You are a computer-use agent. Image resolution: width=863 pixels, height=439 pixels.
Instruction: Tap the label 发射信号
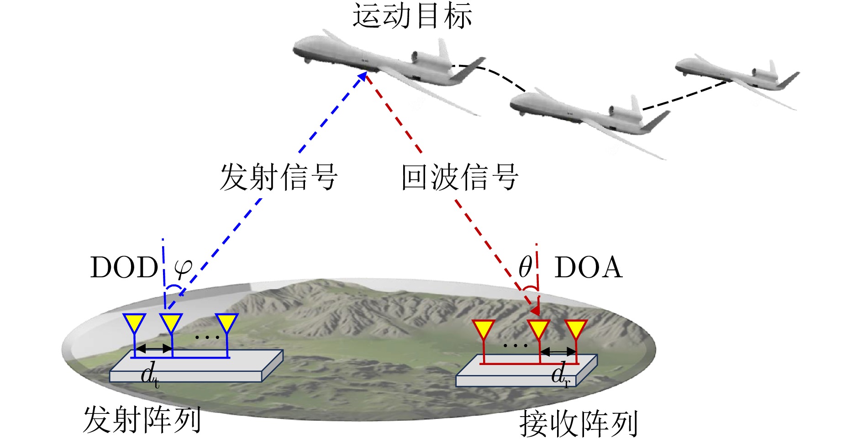click(x=279, y=177)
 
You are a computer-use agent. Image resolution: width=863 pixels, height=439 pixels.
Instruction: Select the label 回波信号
click(x=459, y=177)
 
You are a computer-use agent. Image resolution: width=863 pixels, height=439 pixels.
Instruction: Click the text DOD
click(x=124, y=268)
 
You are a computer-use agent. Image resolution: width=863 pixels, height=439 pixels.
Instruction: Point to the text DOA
click(x=588, y=268)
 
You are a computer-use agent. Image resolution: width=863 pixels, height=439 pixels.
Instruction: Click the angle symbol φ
click(x=183, y=268)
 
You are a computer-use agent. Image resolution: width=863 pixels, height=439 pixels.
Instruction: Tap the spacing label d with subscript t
click(x=149, y=376)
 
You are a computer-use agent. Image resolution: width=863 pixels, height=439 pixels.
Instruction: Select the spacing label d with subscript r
click(x=560, y=375)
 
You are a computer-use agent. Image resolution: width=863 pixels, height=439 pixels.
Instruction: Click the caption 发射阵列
click(x=142, y=419)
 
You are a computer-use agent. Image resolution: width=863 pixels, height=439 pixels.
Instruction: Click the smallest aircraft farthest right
click(x=736, y=77)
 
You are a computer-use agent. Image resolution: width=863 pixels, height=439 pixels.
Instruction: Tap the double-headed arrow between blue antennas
click(x=154, y=349)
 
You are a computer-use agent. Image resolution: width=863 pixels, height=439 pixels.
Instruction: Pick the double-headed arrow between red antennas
click(x=558, y=352)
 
